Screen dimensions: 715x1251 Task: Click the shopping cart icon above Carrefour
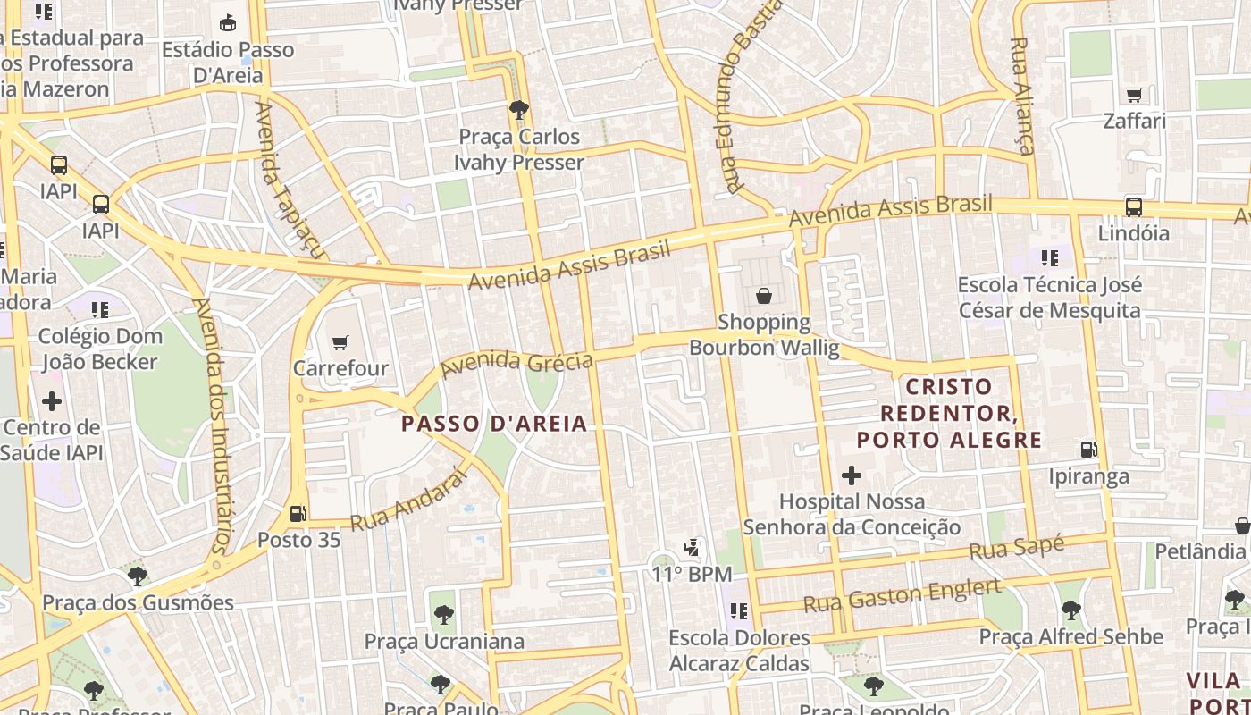click(x=340, y=342)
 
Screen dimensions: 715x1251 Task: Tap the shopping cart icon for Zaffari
click(x=1134, y=95)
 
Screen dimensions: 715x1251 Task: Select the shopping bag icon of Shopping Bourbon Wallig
click(x=764, y=296)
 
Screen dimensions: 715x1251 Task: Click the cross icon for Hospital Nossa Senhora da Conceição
click(x=852, y=475)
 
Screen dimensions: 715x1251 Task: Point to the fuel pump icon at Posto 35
click(x=298, y=514)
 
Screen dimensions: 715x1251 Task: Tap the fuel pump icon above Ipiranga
click(x=1088, y=450)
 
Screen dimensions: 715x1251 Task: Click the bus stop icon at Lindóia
click(x=1133, y=206)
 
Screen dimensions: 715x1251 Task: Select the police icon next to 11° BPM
click(x=692, y=547)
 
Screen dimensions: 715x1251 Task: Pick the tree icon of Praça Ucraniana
click(x=443, y=614)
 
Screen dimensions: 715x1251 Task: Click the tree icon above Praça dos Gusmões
click(x=137, y=576)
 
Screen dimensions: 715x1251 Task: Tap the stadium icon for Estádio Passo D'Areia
click(x=228, y=23)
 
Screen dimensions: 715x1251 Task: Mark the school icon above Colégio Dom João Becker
click(x=99, y=310)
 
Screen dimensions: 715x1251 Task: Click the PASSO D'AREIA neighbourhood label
click(x=494, y=424)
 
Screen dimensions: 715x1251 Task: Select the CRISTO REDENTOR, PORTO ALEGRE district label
click(x=949, y=413)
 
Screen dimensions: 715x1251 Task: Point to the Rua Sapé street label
click(x=1017, y=548)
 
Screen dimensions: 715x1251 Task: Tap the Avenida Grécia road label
click(x=516, y=362)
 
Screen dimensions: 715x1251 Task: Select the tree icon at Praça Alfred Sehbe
click(x=1070, y=610)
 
